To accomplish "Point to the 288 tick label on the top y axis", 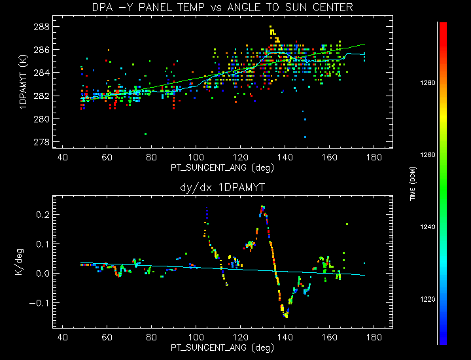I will pos(41,27).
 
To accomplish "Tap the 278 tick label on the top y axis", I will pos(41,142).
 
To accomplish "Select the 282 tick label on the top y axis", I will pos(41,96).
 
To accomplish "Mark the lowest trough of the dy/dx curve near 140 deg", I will pos(286,315).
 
